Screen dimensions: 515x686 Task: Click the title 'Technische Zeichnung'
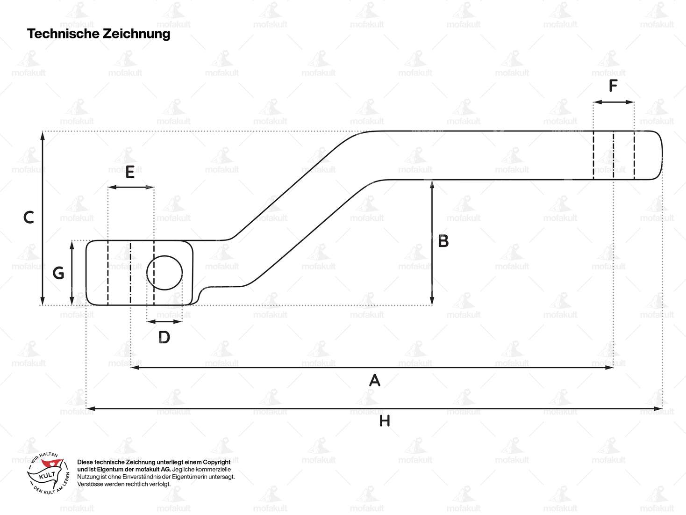[99, 34]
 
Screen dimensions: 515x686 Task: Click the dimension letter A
[374, 380]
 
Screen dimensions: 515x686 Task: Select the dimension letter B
[443, 241]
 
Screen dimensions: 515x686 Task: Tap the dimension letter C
[29, 218]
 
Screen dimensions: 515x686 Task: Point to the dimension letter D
[164, 337]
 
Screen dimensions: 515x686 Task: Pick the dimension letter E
[130, 172]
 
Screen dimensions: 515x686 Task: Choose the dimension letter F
[613, 86]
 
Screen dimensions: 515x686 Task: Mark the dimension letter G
[58, 273]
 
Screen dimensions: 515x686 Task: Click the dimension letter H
[384, 421]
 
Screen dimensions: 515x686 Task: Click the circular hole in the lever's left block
[164, 273]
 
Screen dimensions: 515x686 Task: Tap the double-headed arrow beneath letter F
[614, 102]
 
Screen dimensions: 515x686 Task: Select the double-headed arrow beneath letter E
[130, 187]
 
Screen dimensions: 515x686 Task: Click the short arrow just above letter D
[164, 321]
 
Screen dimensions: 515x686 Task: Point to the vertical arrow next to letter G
[71, 273]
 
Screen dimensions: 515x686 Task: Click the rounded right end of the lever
[657, 155]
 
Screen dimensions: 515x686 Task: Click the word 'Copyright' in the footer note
[217, 462]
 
